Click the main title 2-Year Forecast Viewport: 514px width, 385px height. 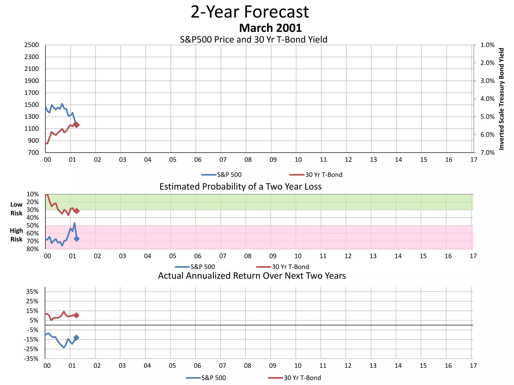(250, 12)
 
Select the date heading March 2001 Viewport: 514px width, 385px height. (270, 28)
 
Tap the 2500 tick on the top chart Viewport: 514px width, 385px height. (32, 45)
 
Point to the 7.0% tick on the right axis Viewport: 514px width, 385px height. (487, 153)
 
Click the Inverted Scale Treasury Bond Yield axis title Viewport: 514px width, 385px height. (501, 99)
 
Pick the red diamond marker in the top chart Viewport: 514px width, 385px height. (77, 125)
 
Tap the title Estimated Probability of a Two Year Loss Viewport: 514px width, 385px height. (240, 187)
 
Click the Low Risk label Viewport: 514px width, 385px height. (16, 209)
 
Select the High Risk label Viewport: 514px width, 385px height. (16, 235)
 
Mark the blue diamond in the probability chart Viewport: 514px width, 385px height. (77, 239)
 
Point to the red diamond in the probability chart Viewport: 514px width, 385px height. (77, 211)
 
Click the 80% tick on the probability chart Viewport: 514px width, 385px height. (33, 249)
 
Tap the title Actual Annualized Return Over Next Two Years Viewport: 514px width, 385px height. (252, 276)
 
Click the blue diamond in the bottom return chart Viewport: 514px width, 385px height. (76, 338)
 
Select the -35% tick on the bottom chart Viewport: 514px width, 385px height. (31, 359)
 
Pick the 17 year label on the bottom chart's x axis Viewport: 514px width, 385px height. (473, 366)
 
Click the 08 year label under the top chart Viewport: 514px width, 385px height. (248, 160)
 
